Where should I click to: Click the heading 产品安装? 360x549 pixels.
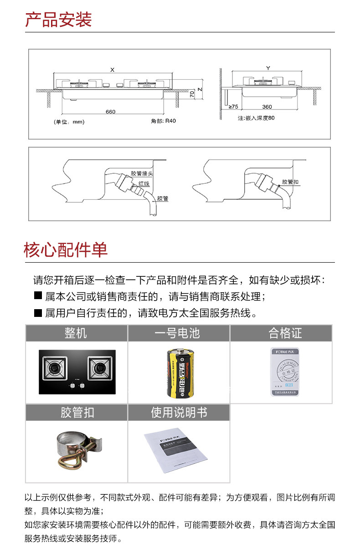tap(58, 20)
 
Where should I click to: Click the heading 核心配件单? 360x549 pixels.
tap(66, 250)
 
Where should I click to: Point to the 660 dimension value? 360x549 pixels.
tap(110, 112)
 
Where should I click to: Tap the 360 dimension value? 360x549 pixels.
tap(267, 107)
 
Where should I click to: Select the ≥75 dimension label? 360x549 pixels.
tap(233, 107)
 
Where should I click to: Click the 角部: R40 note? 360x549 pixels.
tap(163, 121)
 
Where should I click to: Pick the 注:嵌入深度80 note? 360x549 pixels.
tap(256, 118)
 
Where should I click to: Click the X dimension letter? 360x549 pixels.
tap(112, 69)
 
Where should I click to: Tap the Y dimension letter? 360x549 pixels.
tap(267, 68)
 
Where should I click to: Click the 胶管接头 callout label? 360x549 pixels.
tap(141, 174)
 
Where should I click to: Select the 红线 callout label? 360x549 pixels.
tap(144, 183)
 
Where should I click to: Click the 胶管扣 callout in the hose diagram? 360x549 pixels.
tap(290, 182)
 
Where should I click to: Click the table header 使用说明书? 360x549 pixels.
tap(179, 413)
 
